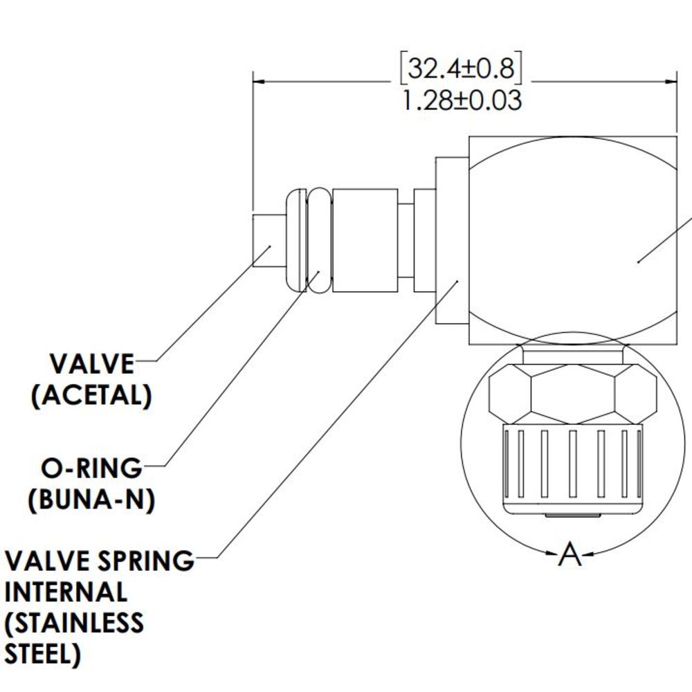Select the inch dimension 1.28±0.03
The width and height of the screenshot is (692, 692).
click(461, 101)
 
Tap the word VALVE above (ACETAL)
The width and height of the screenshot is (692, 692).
click(92, 364)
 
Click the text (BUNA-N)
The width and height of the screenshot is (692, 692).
click(91, 500)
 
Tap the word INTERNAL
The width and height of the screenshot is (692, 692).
click(66, 592)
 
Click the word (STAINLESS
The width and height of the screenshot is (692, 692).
click(75, 623)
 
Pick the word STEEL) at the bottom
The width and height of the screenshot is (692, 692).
click(43, 655)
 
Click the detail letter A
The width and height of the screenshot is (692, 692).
click(569, 554)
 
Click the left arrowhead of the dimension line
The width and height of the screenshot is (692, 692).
click(260, 81)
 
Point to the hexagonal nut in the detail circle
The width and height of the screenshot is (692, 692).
click(572, 394)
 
